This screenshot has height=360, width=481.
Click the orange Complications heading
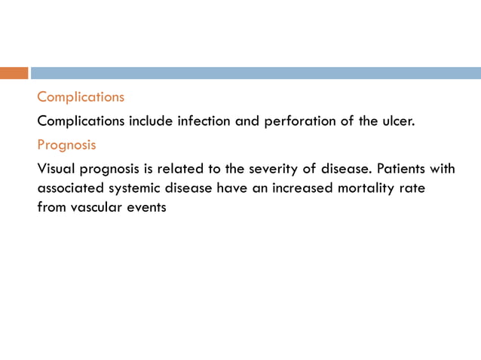click(x=81, y=97)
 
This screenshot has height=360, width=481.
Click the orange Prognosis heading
click(x=66, y=145)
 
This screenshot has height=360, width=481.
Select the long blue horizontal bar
click(x=256, y=73)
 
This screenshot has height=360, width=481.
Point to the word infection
click(x=204, y=121)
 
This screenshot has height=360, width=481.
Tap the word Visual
click(x=57, y=169)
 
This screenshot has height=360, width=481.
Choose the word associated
click(x=71, y=188)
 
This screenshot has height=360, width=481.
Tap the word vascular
click(x=96, y=206)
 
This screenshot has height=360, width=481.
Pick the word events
click(x=146, y=206)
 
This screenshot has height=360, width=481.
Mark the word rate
click(x=411, y=188)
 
